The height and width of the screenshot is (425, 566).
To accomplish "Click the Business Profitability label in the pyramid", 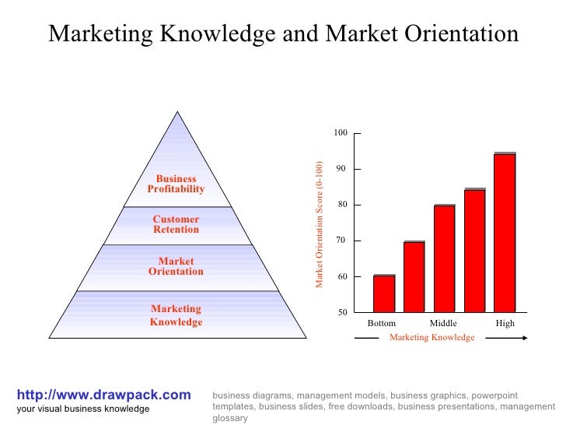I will pos(176,184).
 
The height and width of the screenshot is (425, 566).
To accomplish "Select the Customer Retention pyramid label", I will pos(176,224).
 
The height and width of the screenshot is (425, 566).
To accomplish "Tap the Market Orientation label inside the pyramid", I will pos(176,266).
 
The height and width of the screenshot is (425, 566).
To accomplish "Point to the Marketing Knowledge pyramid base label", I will pos(176,315).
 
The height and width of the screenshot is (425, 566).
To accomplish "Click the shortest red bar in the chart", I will pos(384,294).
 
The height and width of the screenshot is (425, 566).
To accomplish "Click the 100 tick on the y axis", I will pos(341,133).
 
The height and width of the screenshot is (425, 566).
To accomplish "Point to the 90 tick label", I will pos(341,169).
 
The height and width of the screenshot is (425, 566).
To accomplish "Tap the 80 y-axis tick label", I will pos(341,205).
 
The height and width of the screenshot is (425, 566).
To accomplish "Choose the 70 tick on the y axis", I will pos(341,241).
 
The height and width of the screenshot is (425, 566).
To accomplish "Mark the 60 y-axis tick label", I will pos(341,276).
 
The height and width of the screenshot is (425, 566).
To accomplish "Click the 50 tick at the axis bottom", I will pos(341,312).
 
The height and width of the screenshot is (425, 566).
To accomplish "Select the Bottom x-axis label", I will pos(382,323).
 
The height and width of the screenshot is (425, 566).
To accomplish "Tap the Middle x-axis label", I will pos(443,323).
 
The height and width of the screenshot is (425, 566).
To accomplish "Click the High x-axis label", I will pos(505,323).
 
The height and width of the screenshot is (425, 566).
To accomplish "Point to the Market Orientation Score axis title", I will pos(319,224).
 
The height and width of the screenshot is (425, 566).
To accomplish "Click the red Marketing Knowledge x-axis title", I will pos(431,338).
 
